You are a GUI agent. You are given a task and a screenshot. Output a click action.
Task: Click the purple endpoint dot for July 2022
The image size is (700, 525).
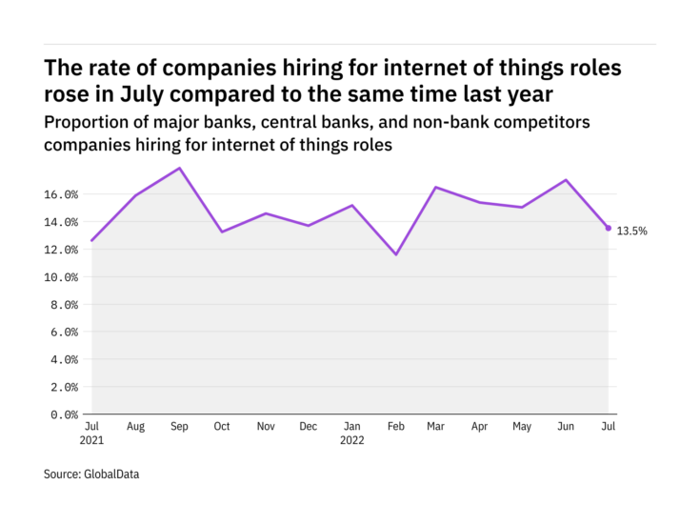(x=609, y=228)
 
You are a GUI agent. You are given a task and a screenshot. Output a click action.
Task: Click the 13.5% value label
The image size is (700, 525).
(x=631, y=231)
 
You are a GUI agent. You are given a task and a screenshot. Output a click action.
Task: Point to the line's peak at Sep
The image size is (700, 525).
(x=179, y=168)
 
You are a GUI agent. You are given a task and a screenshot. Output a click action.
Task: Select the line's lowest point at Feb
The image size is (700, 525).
(x=394, y=254)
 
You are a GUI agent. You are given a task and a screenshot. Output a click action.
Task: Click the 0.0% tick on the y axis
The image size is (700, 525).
(x=63, y=414)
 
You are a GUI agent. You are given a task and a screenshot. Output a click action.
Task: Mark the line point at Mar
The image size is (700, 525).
(x=436, y=187)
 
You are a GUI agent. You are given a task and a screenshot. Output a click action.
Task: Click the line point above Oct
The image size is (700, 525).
(x=222, y=232)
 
